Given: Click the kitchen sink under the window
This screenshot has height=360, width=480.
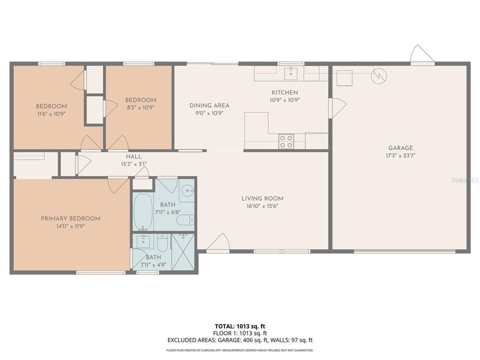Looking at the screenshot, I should (x=290, y=74).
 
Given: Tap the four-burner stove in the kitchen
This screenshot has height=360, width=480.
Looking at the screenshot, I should (x=286, y=141).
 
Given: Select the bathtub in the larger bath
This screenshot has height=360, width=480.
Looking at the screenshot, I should (x=143, y=210).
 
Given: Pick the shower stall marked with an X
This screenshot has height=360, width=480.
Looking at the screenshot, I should (x=182, y=252).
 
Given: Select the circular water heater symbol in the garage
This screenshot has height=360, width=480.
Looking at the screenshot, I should (x=379, y=75).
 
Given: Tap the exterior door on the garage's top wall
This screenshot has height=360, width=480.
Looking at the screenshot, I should (x=421, y=55).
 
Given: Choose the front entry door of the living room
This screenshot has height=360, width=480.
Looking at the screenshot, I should (x=217, y=243).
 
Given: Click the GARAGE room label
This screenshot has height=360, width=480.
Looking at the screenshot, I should (x=400, y=148).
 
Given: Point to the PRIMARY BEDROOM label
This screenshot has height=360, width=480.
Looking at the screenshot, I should (x=70, y=218).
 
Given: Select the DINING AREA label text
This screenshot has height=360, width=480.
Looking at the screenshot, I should (x=209, y=105).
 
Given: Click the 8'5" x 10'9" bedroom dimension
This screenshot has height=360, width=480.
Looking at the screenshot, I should (x=140, y=107).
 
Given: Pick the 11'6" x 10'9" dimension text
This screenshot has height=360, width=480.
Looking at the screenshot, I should (x=51, y=113).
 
